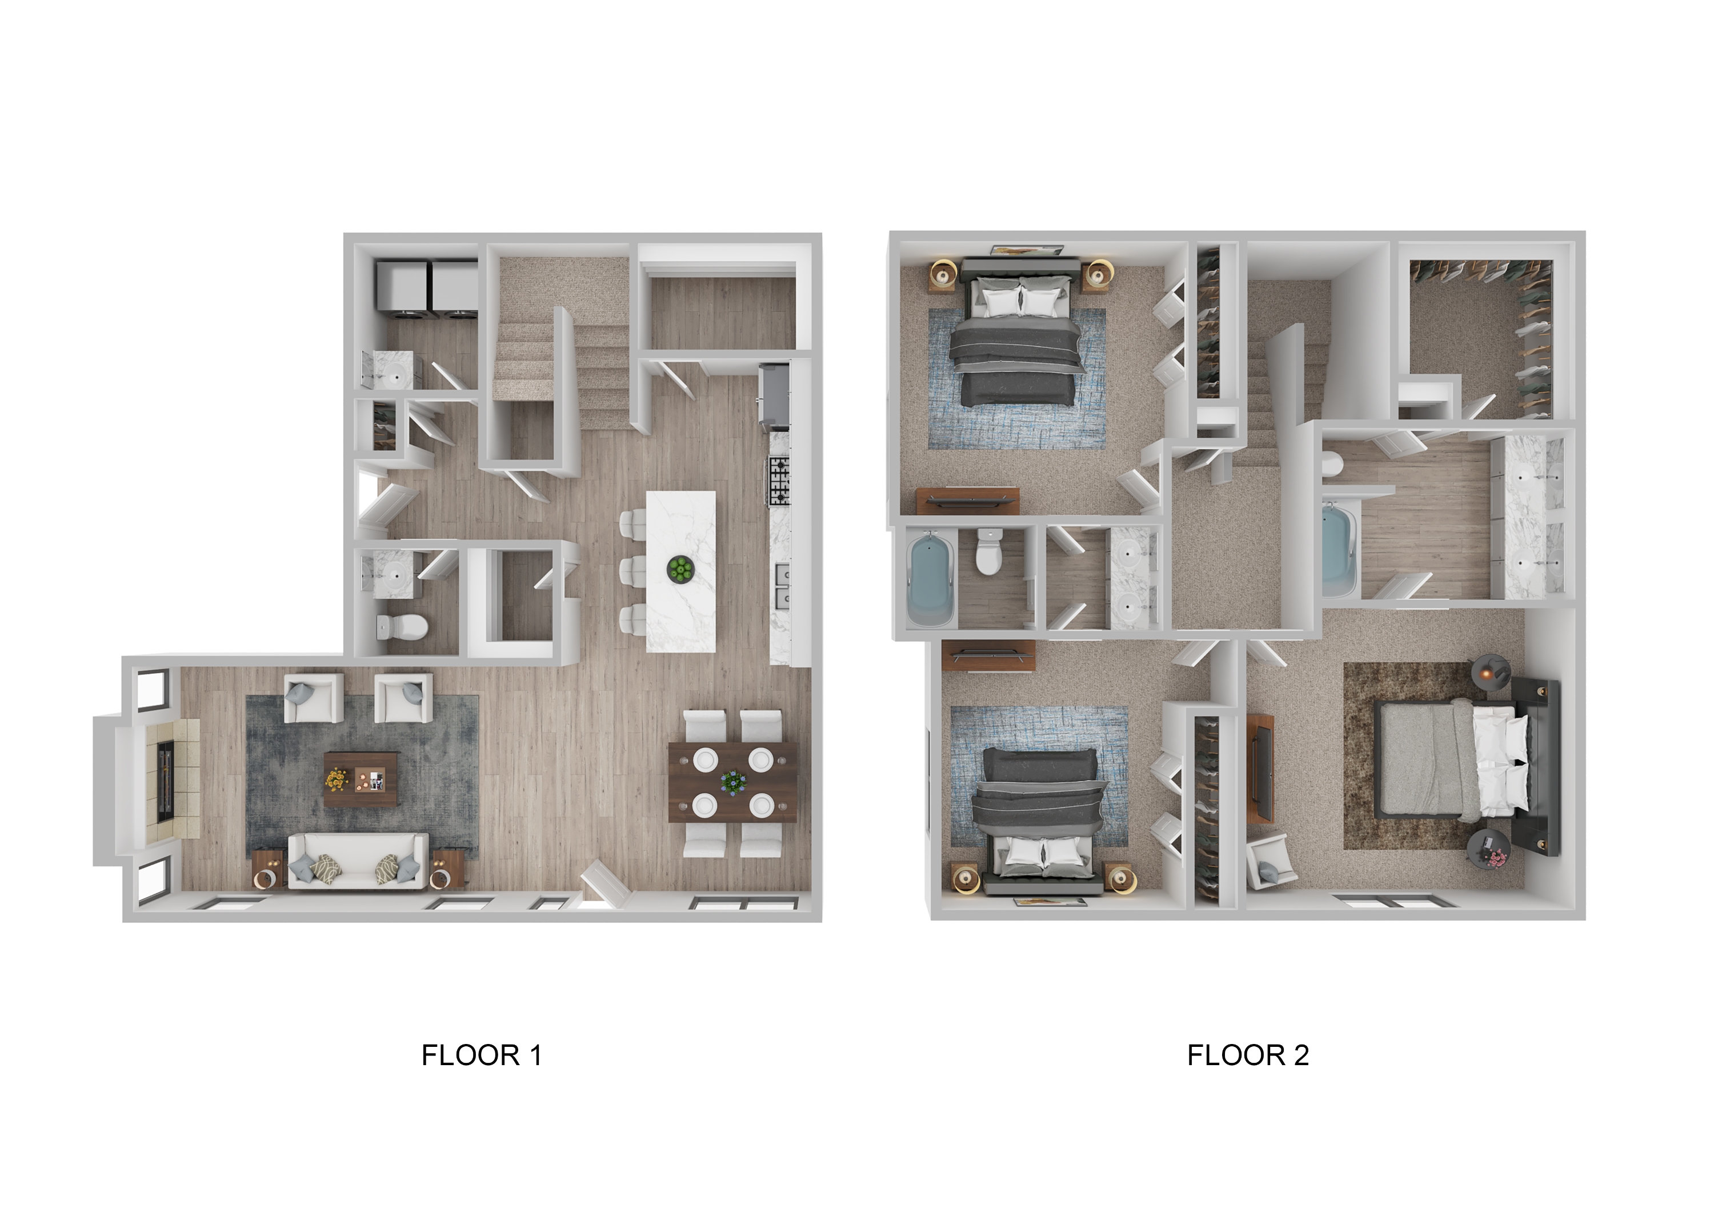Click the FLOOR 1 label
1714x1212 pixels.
tap(482, 1055)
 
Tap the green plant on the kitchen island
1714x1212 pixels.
tap(680, 569)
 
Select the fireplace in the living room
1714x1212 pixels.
tap(166, 781)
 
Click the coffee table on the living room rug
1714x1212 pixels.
tap(361, 779)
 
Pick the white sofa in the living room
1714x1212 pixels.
tap(358, 862)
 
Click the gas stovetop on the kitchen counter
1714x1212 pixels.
tap(779, 480)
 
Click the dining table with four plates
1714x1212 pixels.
tap(732, 782)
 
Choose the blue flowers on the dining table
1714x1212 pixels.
tap(732, 782)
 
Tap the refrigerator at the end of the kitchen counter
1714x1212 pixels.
tap(775, 396)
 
